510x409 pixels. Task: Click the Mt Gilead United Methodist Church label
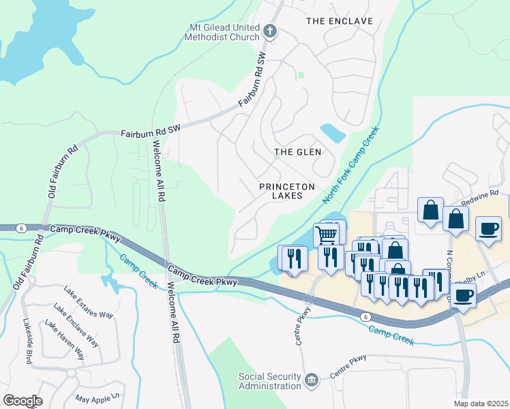[x=224, y=31]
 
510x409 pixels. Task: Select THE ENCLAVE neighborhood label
[x=340, y=21]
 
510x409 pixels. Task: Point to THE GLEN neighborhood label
[x=297, y=151]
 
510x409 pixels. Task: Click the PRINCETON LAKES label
[x=286, y=192]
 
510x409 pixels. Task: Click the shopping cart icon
[x=327, y=234]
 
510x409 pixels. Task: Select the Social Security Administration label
[x=269, y=381]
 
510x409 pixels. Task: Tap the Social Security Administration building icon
[x=312, y=380]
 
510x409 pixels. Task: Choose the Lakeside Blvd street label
[x=27, y=340]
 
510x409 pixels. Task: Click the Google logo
[x=22, y=401]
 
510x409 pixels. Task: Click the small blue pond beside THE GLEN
[x=333, y=132]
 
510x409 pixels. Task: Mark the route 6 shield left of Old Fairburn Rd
[x=22, y=228]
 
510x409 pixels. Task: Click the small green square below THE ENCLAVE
[x=301, y=75]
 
